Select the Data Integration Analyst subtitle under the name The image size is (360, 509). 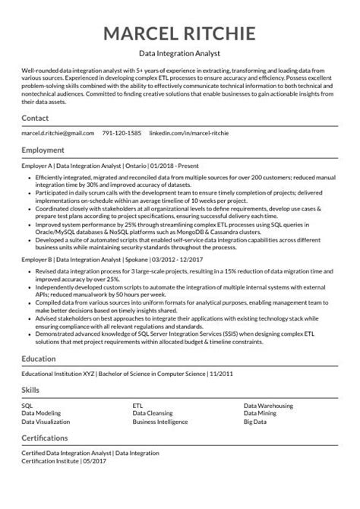[x=179, y=55]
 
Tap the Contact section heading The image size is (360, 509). [x=35, y=119]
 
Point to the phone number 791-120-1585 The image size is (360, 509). [x=122, y=133]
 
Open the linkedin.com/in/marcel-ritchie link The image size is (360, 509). [x=199, y=133]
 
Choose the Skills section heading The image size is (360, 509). [x=30, y=390]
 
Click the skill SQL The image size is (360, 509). [x=27, y=405]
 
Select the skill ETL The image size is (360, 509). [x=137, y=405]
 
